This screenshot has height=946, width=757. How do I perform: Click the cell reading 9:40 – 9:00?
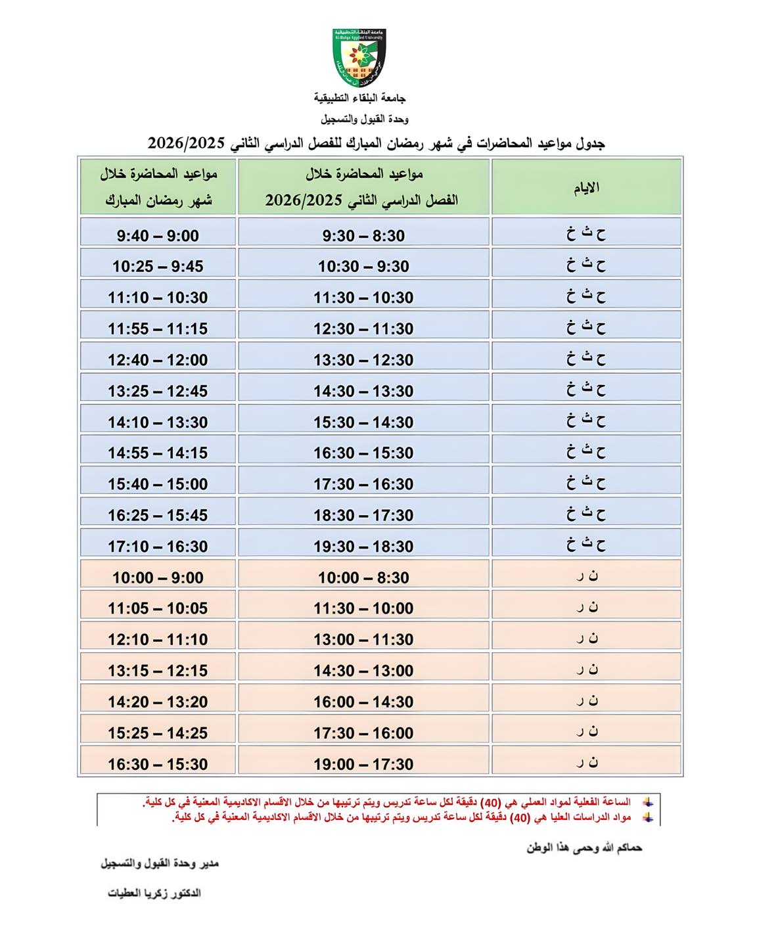click(x=158, y=235)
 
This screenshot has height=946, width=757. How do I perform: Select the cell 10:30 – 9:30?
click(x=363, y=266)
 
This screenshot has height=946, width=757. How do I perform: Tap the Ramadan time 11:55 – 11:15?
click(x=158, y=328)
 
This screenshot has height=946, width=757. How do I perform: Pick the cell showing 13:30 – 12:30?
click(x=363, y=360)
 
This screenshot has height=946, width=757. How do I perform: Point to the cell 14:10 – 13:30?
click(x=158, y=422)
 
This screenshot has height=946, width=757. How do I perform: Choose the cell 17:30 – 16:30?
click(x=363, y=484)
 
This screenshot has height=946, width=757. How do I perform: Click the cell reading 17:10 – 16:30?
click(x=158, y=547)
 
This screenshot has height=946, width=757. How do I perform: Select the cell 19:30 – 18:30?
click(x=363, y=547)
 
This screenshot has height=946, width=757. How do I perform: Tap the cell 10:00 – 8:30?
click(x=363, y=577)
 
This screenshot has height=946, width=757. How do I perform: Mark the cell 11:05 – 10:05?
click(x=158, y=608)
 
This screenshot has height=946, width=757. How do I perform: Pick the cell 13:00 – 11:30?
click(x=363, y=639)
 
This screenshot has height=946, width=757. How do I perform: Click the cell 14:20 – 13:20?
click(x=158, y=702)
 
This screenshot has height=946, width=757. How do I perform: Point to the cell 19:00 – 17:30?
click(x=363, y=764)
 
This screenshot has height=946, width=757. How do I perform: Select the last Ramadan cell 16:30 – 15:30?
click(x=158, y=764)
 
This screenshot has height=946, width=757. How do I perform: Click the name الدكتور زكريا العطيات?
click(x=154, y=893)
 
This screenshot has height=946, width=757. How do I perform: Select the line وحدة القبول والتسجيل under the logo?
click(x=365, y=120)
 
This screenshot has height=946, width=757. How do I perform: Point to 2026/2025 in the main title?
click(x=191, y=143)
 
